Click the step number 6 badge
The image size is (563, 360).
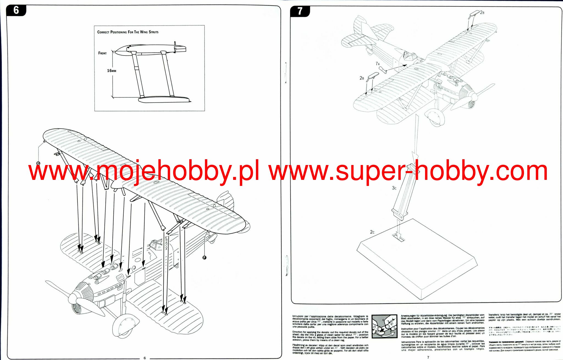[16, 10]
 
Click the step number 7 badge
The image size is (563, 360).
[300, 11]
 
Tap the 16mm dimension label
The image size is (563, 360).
[112, 71]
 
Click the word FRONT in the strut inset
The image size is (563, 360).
[102, 53]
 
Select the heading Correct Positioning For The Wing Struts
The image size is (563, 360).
[128, 32]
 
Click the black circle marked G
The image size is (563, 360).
[38, 163]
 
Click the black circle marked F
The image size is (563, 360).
[204, 257]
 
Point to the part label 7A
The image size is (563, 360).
[378, 64]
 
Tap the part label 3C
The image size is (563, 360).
[394, 188]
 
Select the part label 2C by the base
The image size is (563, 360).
[372, 232]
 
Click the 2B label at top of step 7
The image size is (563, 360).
[482, 12]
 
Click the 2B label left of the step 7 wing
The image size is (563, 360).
[362, 78]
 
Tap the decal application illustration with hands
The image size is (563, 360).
[384, 327]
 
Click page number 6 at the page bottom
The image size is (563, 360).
[145, 358]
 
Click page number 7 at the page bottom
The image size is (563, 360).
[428, 357]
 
